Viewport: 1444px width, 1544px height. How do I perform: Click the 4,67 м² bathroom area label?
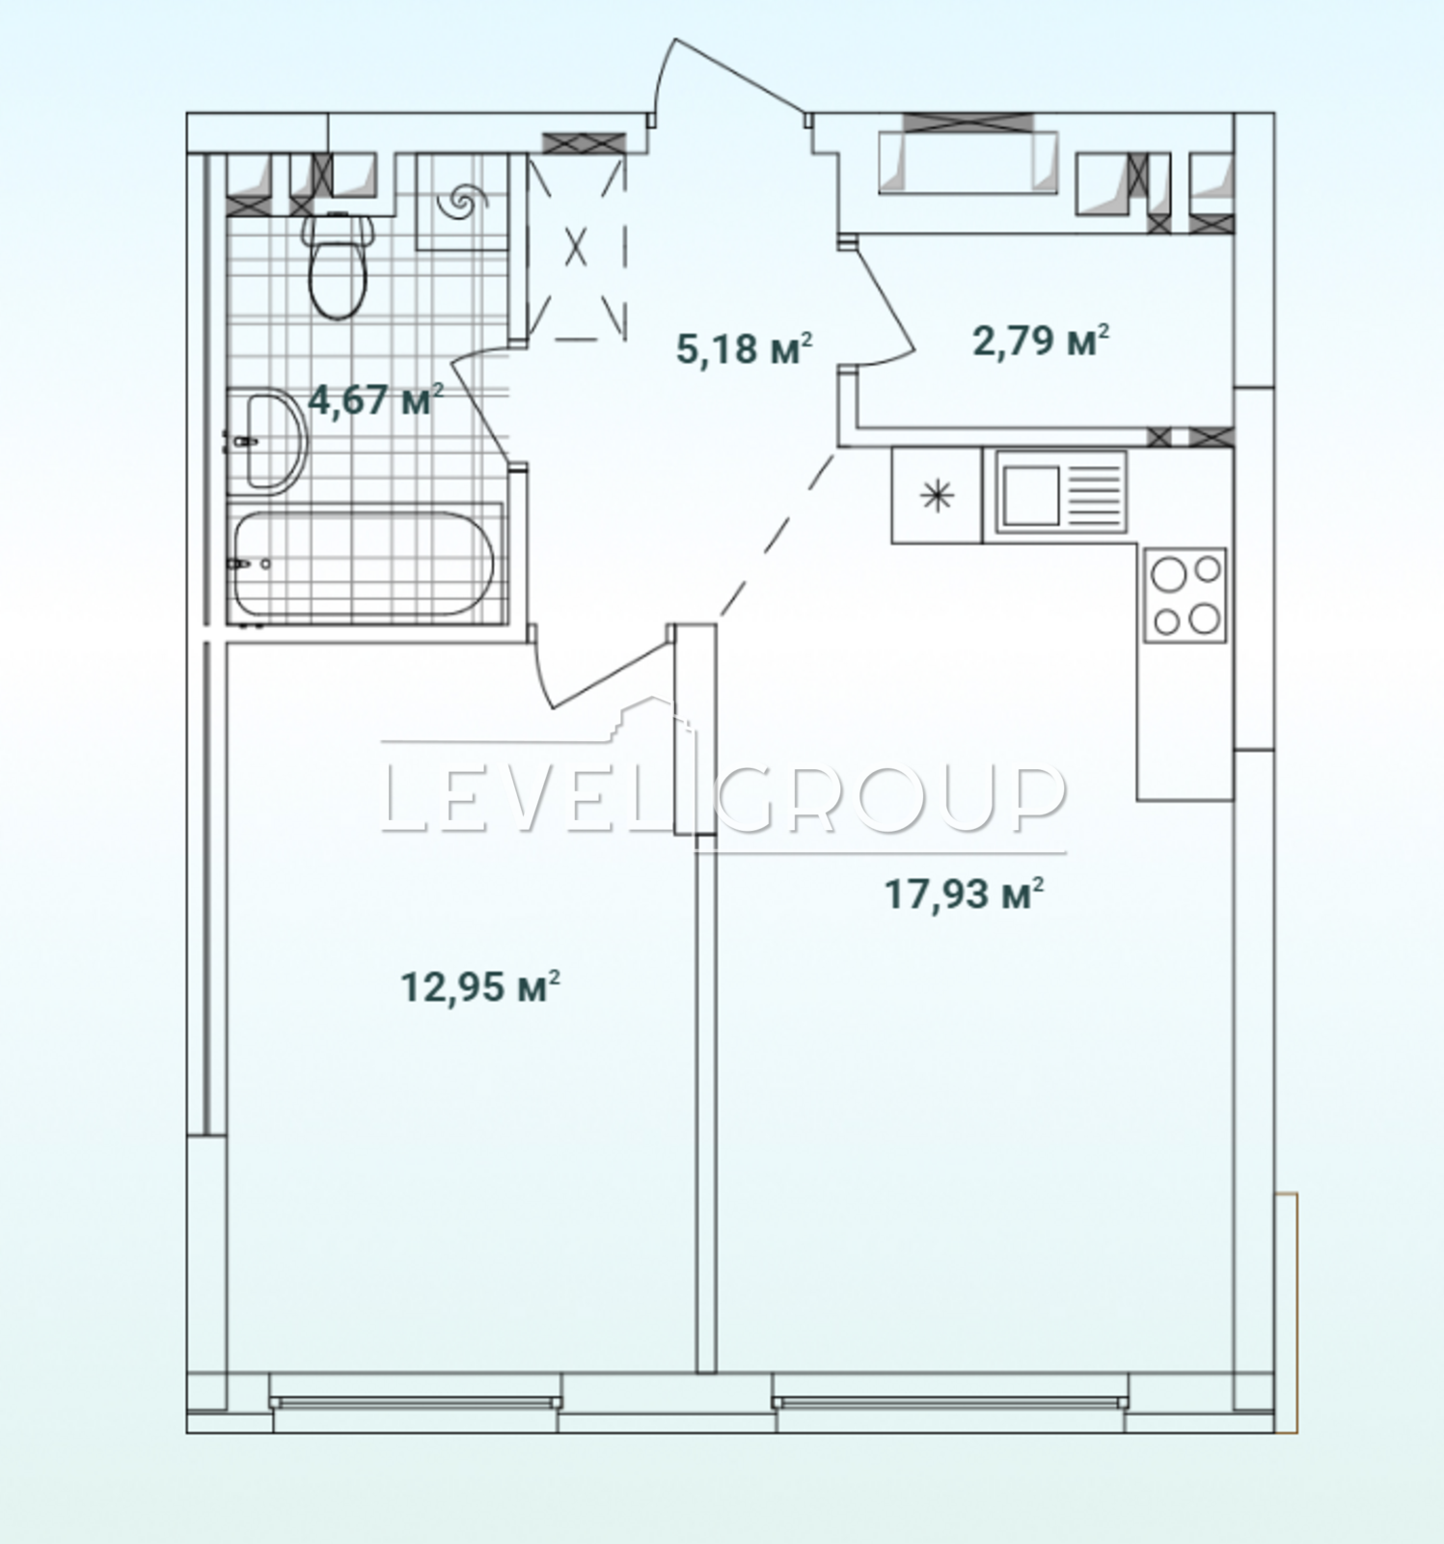click(376, 399)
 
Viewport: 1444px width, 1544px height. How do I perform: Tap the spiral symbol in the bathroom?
click(459, 202)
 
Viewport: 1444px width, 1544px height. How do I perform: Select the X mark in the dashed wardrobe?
click(576, 246)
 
